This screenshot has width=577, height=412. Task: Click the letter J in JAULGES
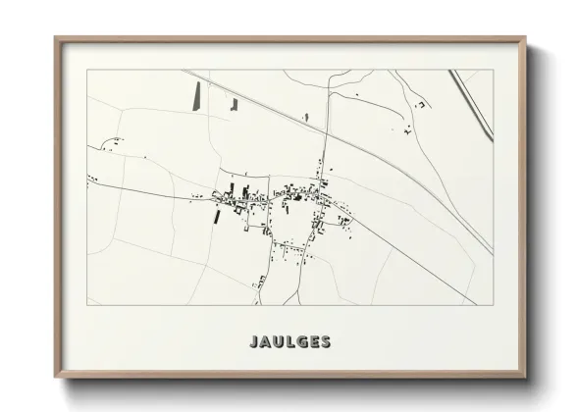click(254, 342)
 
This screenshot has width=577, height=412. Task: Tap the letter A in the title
click(266, 342)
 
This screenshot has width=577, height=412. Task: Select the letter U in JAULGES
click(279, 342)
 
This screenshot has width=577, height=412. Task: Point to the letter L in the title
click(290, 342)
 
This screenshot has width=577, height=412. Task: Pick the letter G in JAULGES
click(301, 342)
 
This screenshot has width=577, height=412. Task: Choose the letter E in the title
click(313, 342)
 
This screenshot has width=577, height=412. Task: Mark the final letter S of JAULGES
click(325, 342)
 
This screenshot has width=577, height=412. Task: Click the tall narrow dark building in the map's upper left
click(195, 95)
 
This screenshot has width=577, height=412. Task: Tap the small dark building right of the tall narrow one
click(234, 103)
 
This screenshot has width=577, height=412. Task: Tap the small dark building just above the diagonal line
click(305, 118)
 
